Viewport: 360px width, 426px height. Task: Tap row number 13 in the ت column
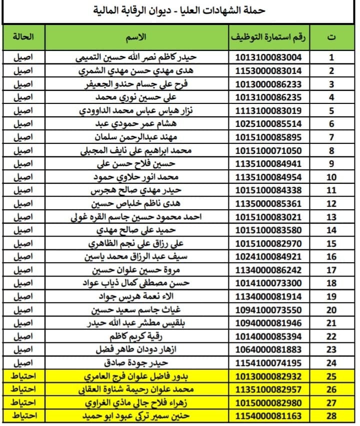pos(330,217)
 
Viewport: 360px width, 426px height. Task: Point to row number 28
pos(330,415)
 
